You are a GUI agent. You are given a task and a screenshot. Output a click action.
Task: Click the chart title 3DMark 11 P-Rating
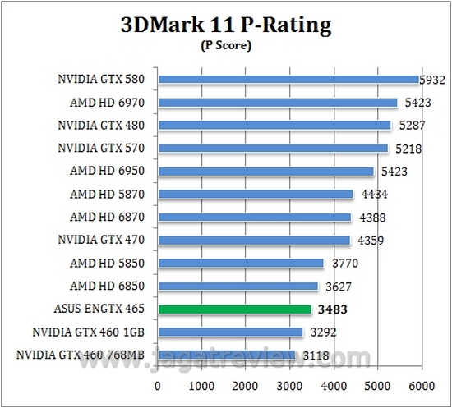click(x=225, y=25)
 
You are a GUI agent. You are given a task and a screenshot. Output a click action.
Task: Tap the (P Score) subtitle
click(x=225, y=46)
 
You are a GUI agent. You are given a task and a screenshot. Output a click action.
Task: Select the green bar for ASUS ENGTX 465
click(x=234, y=309)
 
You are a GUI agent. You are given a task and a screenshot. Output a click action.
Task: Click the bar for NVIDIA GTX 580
click(x=288, y=80)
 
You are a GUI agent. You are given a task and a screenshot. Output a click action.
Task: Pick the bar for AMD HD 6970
click(x=277, y=103)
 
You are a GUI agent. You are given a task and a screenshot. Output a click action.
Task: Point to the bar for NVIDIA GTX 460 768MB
click(x=226, y=355)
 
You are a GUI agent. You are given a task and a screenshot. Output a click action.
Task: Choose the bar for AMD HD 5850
click(x=241, y=264)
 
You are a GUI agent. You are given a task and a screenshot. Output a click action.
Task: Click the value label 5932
click(x=434, y=80)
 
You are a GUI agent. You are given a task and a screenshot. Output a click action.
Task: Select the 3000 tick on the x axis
click(x=289, y=383)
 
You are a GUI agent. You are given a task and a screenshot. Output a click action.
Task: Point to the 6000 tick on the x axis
click(x=421, y=383)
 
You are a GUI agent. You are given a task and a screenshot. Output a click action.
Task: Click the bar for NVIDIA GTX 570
click(x=273, y=149)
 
